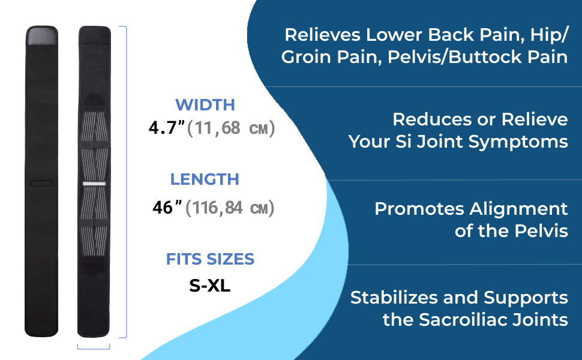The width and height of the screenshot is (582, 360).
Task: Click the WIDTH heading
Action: (205, 104)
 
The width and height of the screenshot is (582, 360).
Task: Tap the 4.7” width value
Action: (166, 128)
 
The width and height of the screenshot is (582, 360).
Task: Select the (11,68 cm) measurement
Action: (231, 128)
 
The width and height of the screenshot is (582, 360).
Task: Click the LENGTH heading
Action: (205, 179)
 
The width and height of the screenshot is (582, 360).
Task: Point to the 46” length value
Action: (167, 207)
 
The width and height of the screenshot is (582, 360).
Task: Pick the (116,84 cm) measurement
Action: (230, 208)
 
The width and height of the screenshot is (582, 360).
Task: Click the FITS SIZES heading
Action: (210, 259)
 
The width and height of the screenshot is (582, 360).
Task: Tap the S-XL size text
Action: (210, 286)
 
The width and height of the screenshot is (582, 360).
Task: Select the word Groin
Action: (307, 57)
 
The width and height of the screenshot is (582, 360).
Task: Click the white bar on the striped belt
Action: (94, 184)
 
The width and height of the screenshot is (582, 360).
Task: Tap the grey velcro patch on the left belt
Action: (43, 36)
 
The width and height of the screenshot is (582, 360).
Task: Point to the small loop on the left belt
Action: (41, 184)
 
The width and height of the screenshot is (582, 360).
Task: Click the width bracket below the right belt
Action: (94, 349)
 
